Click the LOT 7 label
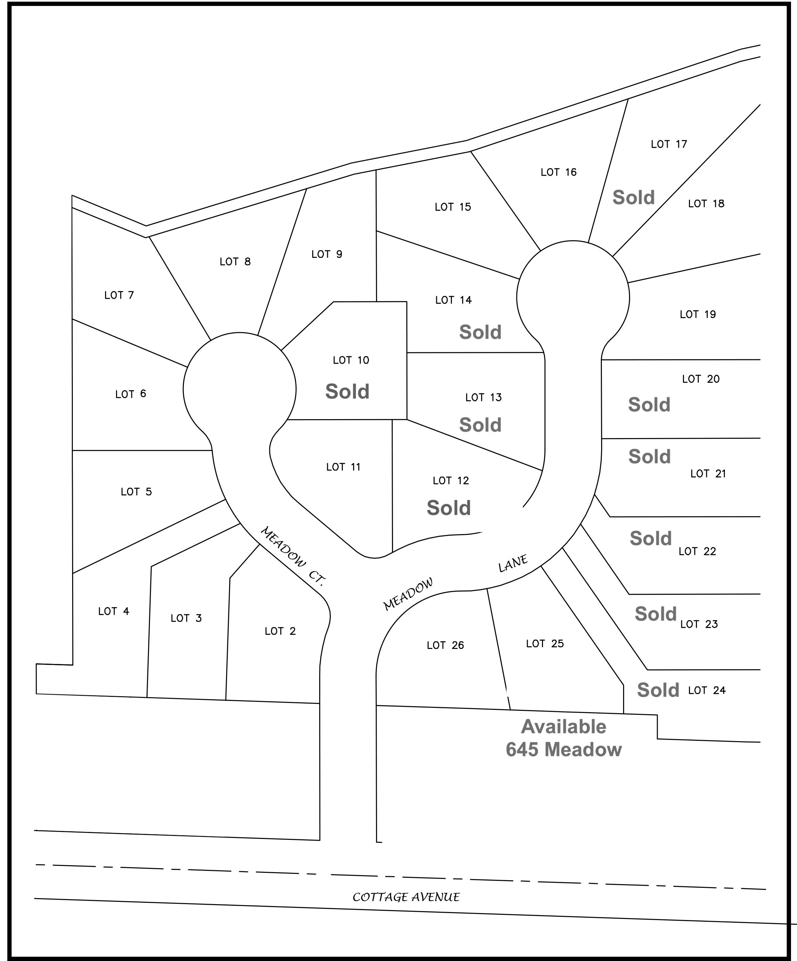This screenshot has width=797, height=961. coord(119,295)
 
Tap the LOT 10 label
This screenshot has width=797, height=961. coord(351,360)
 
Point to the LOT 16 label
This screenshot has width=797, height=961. coord(559,172)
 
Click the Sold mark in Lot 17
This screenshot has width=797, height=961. coord(634,197)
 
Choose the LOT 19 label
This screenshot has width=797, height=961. coord(698,314)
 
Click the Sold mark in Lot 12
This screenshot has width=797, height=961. coord(449,508)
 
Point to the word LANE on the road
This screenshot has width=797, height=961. coord(513,563)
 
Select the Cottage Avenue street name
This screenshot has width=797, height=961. coord(406,897)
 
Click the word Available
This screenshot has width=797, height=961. coord(564,727)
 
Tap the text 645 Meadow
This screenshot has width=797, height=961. coord(564,749)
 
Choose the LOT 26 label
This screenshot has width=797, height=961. coord(445,645)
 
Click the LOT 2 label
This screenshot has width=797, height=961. coord(280,631)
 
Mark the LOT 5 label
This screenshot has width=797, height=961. coord(136,492)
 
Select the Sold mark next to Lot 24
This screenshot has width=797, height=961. coord(658,690)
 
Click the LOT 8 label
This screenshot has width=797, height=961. coord(235,261)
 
